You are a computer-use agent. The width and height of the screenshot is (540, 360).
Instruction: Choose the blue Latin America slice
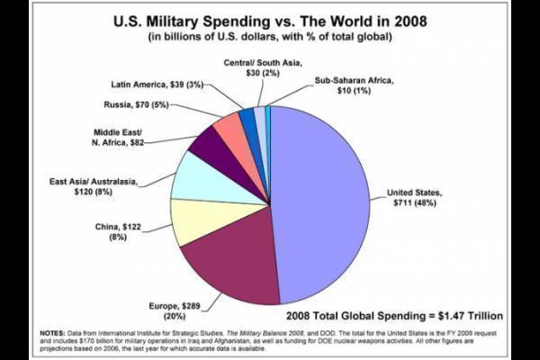point(247,121)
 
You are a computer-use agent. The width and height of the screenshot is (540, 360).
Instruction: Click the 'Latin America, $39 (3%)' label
point(157,84)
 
